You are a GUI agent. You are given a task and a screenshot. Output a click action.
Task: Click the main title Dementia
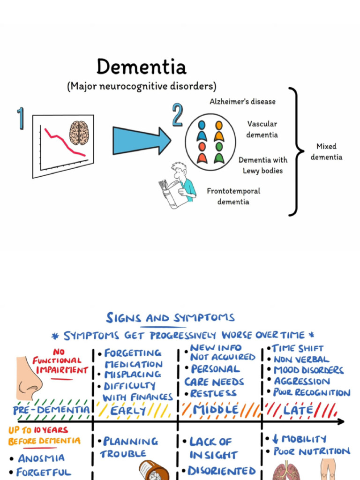[x=141, y=67]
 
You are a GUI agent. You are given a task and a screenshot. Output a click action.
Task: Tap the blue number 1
[x=21, y=118]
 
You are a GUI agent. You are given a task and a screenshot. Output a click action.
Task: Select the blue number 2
[x=177, y=115]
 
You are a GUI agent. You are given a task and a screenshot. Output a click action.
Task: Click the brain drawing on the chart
[x=79, y=133]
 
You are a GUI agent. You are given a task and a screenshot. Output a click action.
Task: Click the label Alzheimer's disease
[x=242, y=101]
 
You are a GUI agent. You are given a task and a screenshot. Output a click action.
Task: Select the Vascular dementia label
[x=262, y=129]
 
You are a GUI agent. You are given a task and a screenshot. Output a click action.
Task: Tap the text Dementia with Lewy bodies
[x=262, y=165]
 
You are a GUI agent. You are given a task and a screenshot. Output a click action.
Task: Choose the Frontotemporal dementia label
[x=233, y=196]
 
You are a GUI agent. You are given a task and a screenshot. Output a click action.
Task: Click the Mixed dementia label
[x=326, y=152]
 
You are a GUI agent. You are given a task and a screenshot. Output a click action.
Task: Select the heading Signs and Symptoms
[x=170, y=318]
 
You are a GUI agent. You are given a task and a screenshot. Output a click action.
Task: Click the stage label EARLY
[x=128, y=411]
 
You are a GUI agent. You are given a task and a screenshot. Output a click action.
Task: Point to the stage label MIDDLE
[x=216, y=410]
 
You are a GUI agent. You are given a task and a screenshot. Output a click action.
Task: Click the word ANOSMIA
[x=41, y=458]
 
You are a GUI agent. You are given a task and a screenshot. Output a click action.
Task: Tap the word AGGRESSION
[x=302, y=381]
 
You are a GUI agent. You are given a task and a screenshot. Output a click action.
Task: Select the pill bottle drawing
[x=154, y=471]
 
